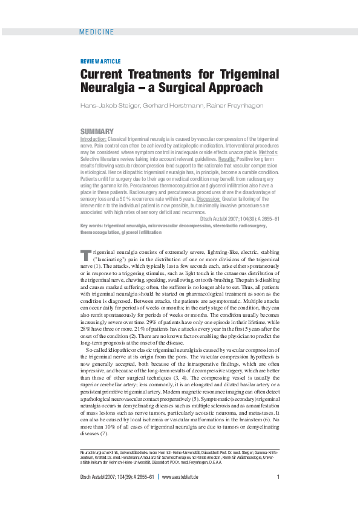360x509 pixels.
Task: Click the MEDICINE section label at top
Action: coord(97,31)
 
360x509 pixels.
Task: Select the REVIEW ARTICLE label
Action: coord(100,62)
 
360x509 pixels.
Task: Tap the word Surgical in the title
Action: coord(191,88)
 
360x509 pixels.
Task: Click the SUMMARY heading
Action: coord(97,131)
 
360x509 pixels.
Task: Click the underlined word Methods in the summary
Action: coord(267,153)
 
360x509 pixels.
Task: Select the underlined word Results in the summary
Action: coord(251,160)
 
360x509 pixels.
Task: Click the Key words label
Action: coord(91,225)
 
